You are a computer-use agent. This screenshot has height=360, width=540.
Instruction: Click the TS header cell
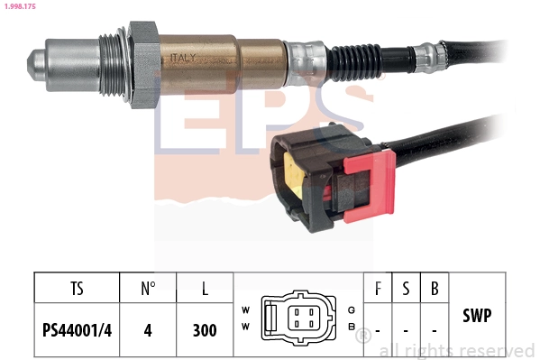[77, 289]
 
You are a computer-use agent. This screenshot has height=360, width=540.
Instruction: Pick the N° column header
[149, 289]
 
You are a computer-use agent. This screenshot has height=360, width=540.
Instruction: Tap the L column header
[206, 289]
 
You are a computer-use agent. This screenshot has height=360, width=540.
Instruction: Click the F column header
[378, 289]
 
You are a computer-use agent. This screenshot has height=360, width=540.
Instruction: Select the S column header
[407, 289]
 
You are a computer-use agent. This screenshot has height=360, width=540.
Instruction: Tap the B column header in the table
[435, 289]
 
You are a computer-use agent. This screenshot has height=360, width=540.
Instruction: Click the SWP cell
[477, 316]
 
